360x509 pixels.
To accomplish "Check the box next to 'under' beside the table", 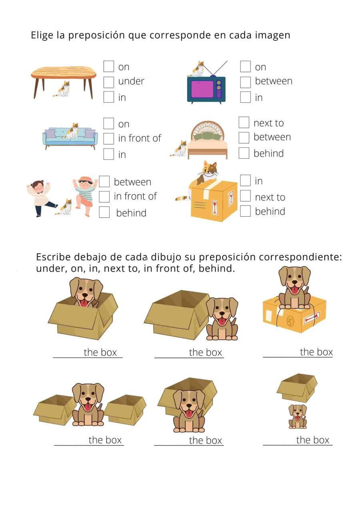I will pos(109,82).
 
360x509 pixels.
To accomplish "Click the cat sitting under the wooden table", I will pos(63,90).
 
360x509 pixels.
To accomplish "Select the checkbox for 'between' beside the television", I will pos(245,82).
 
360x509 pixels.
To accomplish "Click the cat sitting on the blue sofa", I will pos(72,131).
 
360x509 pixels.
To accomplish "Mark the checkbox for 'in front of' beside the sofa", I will pos(109,139).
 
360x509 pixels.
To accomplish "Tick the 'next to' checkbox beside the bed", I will pos(244,123).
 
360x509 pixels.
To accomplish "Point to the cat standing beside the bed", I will pos(179,149).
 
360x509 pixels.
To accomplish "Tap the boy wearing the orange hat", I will pos(86,195).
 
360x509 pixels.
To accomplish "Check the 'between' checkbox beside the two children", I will pos(104,182).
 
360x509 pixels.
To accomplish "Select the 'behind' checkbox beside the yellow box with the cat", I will pos(245,211).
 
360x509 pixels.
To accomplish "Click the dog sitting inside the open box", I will pos(86,292).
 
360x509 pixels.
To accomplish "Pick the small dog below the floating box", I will pos(298,416).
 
